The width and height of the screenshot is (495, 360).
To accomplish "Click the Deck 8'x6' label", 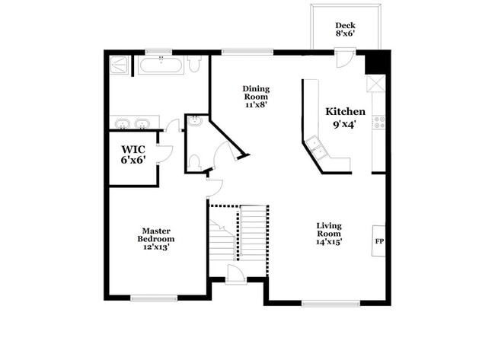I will click(x=345, y=30).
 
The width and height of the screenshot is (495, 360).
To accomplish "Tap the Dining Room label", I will click(x=256, y=97).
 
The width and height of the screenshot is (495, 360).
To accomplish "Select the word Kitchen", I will click(x=345, y=111).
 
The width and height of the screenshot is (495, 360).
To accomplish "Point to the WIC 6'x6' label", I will click(x=133, y=154).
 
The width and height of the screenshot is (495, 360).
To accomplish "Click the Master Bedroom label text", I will click(x=155, y=239).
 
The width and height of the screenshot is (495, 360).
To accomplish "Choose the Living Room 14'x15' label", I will click(x=329, y=234).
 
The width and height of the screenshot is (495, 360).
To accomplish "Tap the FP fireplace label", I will click(x=379, y=241).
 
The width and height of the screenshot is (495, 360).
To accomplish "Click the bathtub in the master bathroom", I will click(x=161, y=65).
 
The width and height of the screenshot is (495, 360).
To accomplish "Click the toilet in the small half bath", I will click(x=194, y=162).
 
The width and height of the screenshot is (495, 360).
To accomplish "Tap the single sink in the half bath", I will click(x=194, y=122).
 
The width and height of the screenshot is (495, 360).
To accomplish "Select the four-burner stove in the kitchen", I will click(x=378, y=123).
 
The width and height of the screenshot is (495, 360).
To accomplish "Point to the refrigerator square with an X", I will click(x=376, y=83).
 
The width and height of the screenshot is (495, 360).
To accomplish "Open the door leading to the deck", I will click(x=344, y=59).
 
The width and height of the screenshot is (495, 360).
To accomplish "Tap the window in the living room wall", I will click(x=330, y=303).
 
